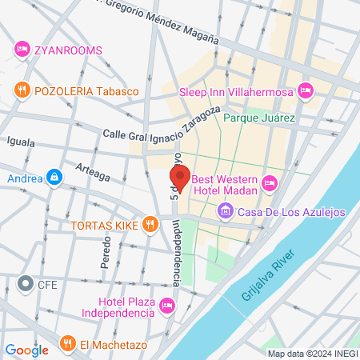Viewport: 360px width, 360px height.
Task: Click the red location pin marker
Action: pos(179,180)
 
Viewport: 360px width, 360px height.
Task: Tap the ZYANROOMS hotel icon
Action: pos(22,50)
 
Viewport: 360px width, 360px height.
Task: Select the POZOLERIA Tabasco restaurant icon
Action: pos(22,91)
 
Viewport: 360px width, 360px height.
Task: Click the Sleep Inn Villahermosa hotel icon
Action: pos(304,91)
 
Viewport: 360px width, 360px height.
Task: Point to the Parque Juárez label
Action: pos(259,118)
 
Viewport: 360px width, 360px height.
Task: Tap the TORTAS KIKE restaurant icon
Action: pos(149,225)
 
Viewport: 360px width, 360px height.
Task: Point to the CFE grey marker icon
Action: pos(25,283)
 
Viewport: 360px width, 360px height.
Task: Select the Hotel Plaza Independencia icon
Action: pos(166,305)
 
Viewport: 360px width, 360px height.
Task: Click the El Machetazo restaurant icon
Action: pos(67,346)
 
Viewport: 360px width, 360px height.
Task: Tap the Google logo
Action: pos(26,350)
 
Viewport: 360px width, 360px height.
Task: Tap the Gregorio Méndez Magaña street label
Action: pos(163,23)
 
